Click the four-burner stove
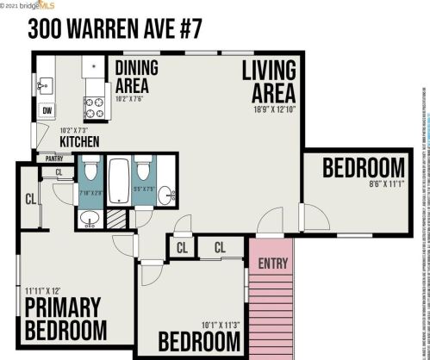94,106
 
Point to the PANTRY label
53,158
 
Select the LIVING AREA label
269,79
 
